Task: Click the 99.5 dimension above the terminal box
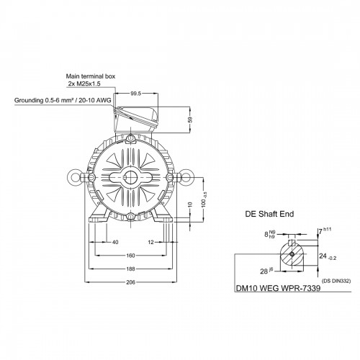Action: coord(135,94)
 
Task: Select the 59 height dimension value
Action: coord(190,120)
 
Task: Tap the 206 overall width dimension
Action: coord(131,282)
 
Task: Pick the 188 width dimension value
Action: coord(131,269)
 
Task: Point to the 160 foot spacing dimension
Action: coord(131,256)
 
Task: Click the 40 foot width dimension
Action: coord(115,243)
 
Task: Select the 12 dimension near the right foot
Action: coord(150,243)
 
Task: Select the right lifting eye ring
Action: coord(187,177)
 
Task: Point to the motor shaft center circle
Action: coord(130,177)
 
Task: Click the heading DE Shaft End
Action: coord(269,214)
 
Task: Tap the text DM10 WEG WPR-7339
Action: coord(279,288)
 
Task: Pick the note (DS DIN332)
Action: coord(336,281)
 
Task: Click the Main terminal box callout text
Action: coord(91,76)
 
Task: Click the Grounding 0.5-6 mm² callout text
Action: coord(63,100)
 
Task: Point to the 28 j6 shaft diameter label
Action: coord(266,271)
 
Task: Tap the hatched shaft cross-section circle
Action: coord(292,254)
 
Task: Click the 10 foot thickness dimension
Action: coord(190,204)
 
